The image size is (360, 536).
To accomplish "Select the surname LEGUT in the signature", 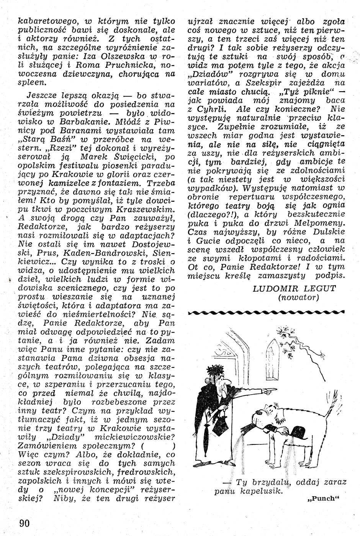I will click(320, 288).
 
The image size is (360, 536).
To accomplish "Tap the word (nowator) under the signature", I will click(301, 297).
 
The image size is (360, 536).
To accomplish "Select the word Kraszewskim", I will click(142, 209).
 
